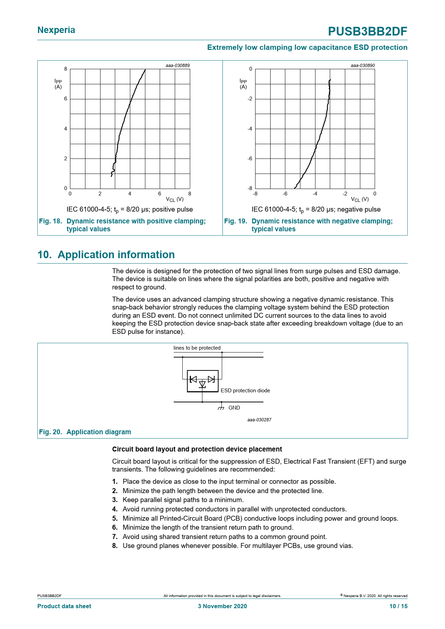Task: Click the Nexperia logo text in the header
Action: pyautogui.click(x=56, y=30)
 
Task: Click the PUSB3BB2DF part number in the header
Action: pyautogui.click(x=367, y=32)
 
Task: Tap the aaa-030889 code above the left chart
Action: pyautogui.click(x=178, y=66)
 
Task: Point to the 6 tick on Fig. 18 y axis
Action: pyautogui.click(x=66, y=99)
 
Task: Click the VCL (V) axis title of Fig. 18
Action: pyautogui.click(x=175, y=199)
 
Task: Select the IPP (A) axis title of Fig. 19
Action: pyautogui.click(x=243, y=84)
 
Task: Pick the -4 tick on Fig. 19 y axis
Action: pyautogui.click(x=250, y=129)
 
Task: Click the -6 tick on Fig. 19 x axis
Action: pyautogui.click(x=285, y=194)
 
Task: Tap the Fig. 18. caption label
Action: pyautogui.click(x=51, y=221)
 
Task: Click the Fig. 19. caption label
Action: pyautogui.click(x=236, y=221)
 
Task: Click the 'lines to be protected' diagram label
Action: pyautogui.click(x=197, y=348)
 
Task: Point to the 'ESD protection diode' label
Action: pyautogui.click(x=245, y=391)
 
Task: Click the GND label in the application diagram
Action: pyautogui.click(x=234, y=408)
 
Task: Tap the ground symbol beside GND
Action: pyautogui.click(x=221, y=407)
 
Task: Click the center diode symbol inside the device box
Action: pyautogui.click(x=202, y=384)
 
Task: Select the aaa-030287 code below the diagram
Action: pyautogui.click(x=259, y=420)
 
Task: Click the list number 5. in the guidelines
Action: pyautogui.click(x=115, y=519)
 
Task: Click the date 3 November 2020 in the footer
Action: pyautogui.click(x=222, y=606)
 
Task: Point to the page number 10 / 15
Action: pyautogui.click(x=398, y=606)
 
